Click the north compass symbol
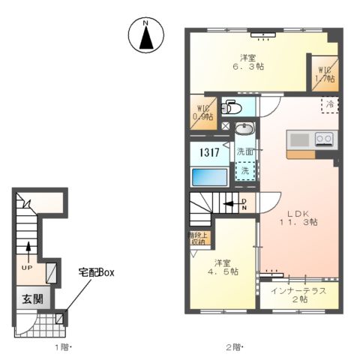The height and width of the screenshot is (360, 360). click(x=148, y=35)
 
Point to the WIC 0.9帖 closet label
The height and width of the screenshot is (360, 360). click(x=203, y=112)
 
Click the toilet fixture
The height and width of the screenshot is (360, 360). click(x=232, y=107)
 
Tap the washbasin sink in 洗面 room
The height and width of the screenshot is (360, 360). click(x=244, y=130)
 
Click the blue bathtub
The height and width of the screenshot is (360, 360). click(x=208, y=177)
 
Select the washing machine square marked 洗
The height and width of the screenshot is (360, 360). click(x=245, y=169)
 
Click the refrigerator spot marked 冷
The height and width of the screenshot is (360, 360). click(x=329, y=104)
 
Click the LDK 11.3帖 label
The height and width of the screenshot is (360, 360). click(x=298, y=217)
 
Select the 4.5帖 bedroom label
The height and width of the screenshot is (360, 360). click(x=223, y=267)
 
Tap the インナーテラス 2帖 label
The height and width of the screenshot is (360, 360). click(x=298, y=295)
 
